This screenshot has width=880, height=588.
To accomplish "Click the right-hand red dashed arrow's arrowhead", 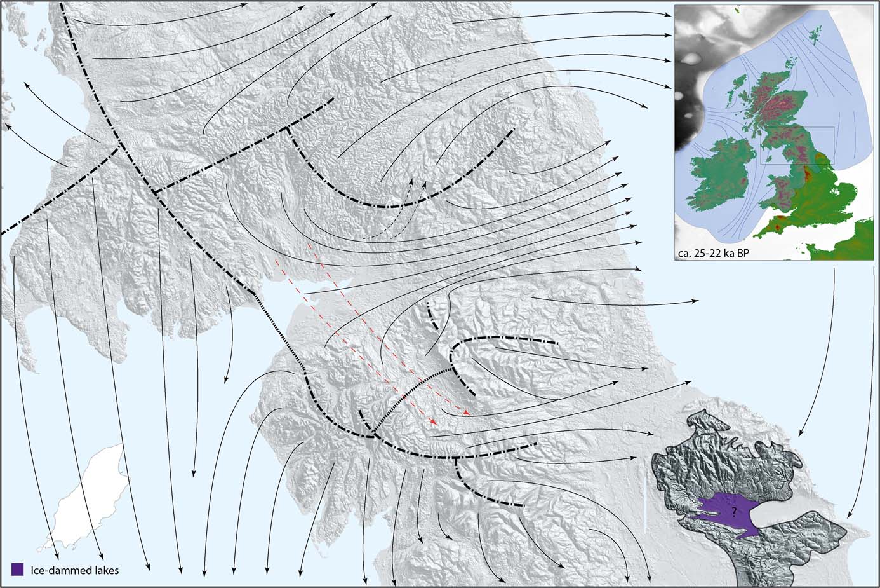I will tap(468, 414).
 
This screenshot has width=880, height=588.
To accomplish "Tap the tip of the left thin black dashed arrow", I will tap(411, 181).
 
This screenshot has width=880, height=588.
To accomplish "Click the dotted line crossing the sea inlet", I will tap(279, 331).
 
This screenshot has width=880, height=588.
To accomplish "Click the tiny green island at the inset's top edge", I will tap(738, 10).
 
